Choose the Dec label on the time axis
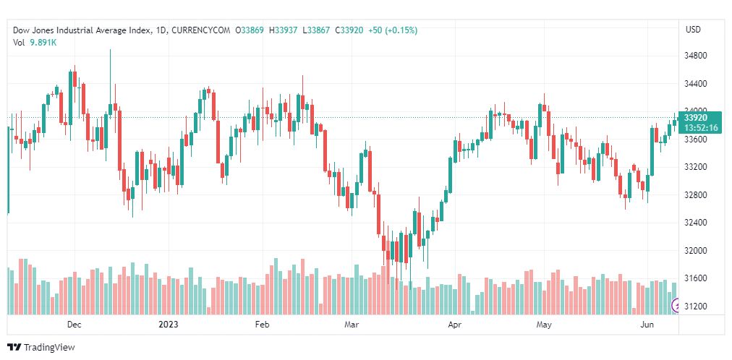(74, 325)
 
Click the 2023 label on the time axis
(168, 325)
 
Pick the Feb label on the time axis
(262, 325)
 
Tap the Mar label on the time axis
(352, 325)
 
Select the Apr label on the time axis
(454, 325)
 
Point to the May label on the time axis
(544, 325)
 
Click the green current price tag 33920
(695, 117)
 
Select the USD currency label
(693, 30)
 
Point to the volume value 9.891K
(43, 43)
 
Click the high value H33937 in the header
(284, 30)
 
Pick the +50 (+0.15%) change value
(392, 30)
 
